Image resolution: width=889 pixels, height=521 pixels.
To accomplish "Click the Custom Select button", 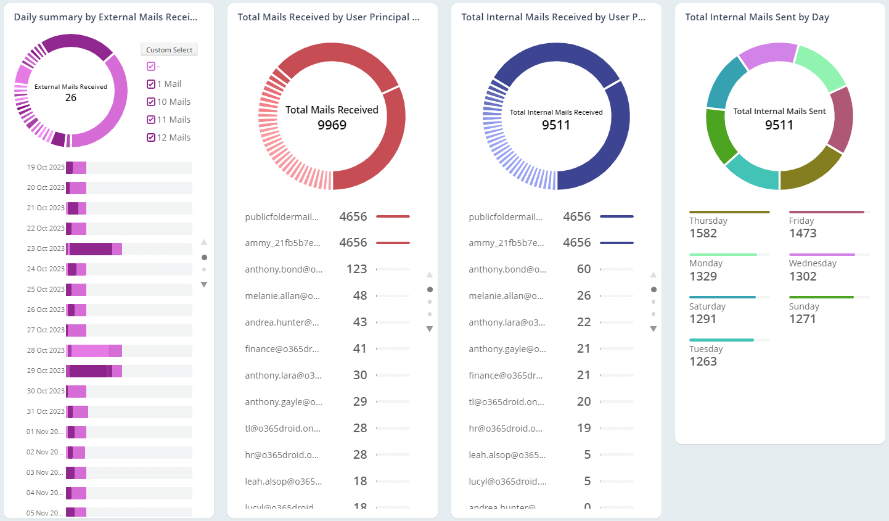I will [x=169, y=50].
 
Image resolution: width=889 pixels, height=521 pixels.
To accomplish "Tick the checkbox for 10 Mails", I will [x=151, y=102].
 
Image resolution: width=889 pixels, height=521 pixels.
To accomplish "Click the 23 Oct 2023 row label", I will [x=46, y=248].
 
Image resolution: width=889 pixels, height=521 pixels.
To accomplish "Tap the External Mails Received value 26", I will [x=71, y=98].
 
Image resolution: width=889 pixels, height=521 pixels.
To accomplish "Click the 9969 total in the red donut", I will [x=332, y=125].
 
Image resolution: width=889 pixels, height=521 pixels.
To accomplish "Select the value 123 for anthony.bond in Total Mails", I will [x=356, y=269].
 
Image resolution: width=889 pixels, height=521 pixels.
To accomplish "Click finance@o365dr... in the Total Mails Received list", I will [x=282, y=349].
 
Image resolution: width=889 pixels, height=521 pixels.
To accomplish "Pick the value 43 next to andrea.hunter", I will [x=359, y=322].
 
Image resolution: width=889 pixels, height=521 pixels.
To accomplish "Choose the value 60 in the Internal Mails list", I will [x=583, y=269].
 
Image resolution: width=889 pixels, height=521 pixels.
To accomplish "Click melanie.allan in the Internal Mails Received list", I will [x=506, y=296].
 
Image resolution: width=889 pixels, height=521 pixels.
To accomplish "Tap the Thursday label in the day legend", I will [x=708, y=221].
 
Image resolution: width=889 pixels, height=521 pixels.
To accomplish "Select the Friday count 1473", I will [x=803, y=234].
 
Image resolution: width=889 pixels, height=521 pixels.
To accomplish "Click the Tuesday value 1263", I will [x=703, y=362].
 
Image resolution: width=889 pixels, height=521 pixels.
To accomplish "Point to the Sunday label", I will [x=804, y=306].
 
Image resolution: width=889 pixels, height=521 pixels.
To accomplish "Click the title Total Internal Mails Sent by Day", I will [x=756, y=17].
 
